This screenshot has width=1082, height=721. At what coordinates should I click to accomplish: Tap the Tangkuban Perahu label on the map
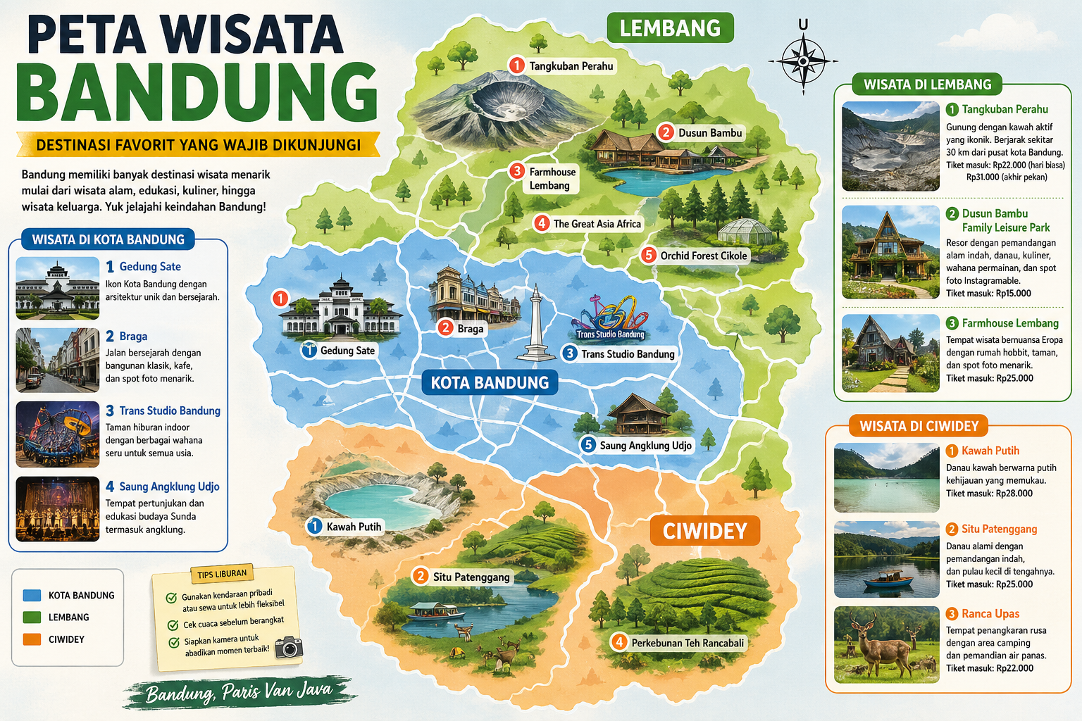(x=571, y=66)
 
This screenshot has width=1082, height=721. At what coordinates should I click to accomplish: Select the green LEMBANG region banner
(x=670, y=28)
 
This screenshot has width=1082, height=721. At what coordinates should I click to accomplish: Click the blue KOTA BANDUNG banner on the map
(x=490, y=383)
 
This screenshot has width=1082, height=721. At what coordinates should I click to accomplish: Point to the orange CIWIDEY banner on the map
(x=704, y=531)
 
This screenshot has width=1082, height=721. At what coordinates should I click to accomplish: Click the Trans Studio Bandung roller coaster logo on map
(x=611, y=318)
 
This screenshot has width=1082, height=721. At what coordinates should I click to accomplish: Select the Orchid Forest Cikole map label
(x=703, y=256)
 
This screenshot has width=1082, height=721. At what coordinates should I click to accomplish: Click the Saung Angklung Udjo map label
(x=645, y=445)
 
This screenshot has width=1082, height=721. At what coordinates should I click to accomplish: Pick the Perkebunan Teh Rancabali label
(x=687, y=643)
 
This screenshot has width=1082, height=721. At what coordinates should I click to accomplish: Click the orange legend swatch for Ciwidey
(x=32, y=639)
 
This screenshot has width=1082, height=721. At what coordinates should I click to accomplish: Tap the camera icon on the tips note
(x=288, y=646)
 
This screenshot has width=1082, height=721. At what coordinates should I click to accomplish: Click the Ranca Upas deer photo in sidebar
(x=886, y=644)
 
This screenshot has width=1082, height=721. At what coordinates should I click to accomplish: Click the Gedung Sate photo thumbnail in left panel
(x=57, y=288)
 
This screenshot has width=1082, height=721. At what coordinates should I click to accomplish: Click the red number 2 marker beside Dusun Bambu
(x=666, y=132)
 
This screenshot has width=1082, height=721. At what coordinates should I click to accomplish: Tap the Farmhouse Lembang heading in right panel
(x=1010, y=323)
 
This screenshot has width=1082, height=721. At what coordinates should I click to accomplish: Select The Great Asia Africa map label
(x=597, y=224)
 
